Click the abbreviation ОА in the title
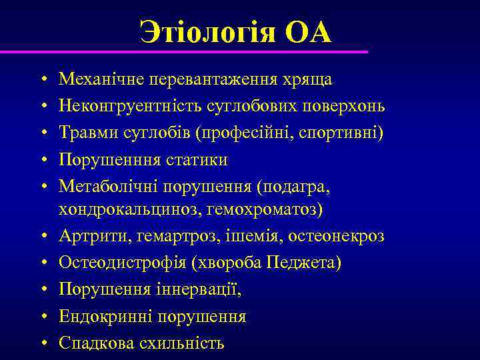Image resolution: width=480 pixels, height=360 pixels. click(308, 33)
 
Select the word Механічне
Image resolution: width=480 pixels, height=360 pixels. click(103, 79)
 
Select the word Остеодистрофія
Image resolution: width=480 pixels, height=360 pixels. click(124, 263)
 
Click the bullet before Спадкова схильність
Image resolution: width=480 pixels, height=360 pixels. click(43, 343)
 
